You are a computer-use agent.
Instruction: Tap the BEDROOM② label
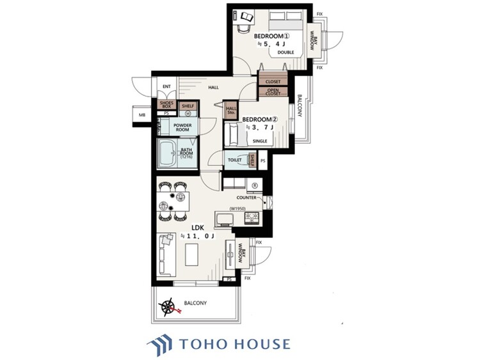pos(259,119)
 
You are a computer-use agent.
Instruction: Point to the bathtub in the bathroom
pos(168,153)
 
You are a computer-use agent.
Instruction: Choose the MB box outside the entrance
pos(141,115)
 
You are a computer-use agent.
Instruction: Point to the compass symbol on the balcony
pos(170,307)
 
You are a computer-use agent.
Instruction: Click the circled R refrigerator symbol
pos(254,185)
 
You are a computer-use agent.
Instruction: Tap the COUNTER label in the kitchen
pos(246,198)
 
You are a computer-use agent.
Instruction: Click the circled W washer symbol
pos(188,114)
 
